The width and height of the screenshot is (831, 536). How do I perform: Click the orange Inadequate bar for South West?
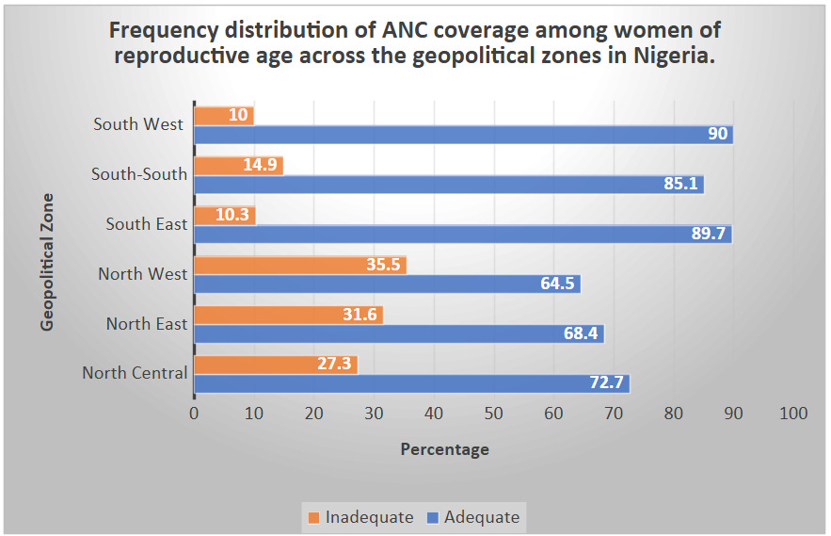pos(224,116)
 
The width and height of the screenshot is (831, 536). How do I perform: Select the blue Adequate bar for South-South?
pos(448,184)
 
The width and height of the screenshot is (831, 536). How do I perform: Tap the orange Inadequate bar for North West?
pos(299,265)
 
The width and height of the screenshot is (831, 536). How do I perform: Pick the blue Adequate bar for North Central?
pos(411,383)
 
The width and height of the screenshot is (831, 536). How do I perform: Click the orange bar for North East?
pos(288,315)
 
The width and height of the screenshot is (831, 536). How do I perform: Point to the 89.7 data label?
pos(709,234)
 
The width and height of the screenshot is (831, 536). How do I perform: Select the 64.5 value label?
pos(557,284)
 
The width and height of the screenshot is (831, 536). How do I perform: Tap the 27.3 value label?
pos(336,365)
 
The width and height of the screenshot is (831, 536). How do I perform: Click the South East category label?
pos(147,224)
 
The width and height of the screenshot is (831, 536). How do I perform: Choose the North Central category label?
pos(135,373)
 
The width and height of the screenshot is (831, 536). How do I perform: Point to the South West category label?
pos(138,124)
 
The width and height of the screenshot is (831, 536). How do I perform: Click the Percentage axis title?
pos(444,449)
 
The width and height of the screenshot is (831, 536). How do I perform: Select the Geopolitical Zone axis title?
pos(47,262)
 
